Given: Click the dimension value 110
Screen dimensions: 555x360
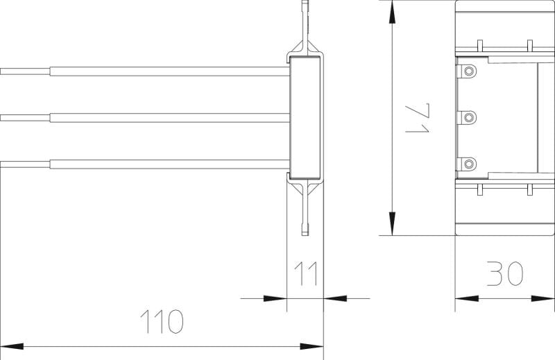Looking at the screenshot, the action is [162, 321].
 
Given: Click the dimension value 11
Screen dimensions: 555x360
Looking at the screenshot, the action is [305, 273].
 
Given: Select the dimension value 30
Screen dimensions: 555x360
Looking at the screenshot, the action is [505, 273].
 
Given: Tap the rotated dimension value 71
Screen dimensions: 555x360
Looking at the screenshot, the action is [418, 118].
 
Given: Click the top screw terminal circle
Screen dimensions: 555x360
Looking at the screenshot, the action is [469, 71].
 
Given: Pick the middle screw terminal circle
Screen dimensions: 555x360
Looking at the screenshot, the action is [469, 117].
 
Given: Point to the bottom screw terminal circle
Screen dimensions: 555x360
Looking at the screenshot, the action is [469, 164].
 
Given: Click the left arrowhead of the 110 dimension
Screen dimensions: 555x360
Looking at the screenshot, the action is [12, 346].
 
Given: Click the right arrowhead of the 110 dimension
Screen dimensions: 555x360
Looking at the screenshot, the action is [311, 346].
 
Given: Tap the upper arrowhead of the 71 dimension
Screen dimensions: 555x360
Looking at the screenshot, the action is [392, 12].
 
